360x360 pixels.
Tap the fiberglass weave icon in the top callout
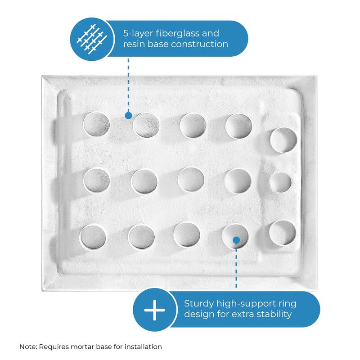pyautogui.click(x=93, y=38)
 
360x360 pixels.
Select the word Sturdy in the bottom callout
pyautogui.click(x=198, y=303)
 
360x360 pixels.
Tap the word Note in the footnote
pyautogui.click(x=28, y=347)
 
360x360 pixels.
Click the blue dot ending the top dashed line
pyautogui.click(x=128, y=116)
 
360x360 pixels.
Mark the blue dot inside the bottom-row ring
pyautogui.click(x=236, y=240)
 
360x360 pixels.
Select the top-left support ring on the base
pyautogui.click(x=96, y=124)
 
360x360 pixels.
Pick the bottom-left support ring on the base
pyautogui.click(x=94, y=236)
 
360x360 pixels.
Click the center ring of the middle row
pyautogui.click(x=191, y=180)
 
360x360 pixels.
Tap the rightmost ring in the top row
pyautogui.click(x=283, y=140)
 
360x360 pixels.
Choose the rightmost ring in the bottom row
pyautogui.click(x=283, y=233)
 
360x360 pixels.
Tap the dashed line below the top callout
pyautogui.click(x=128, y=85)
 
